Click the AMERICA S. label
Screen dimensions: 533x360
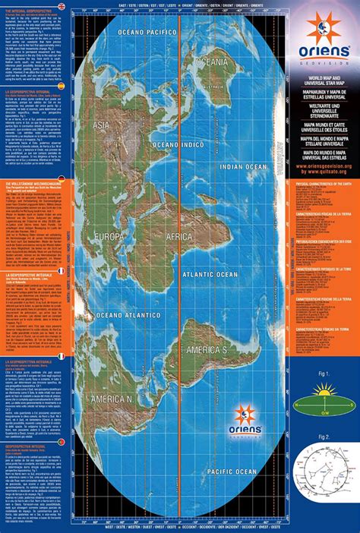207,350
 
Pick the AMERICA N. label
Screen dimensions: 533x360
112,399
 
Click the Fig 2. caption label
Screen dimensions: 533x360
323,437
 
